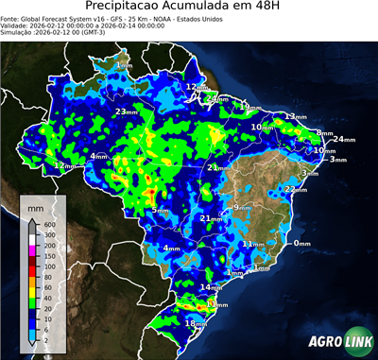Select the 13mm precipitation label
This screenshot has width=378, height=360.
[295, 116]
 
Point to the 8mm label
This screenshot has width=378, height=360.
[324, 132]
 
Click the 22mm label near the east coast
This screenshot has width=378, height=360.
[296, 189]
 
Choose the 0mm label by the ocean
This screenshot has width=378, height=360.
[301, 243]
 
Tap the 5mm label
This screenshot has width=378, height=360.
[161, 211]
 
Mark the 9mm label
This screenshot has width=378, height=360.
[241, 207]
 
